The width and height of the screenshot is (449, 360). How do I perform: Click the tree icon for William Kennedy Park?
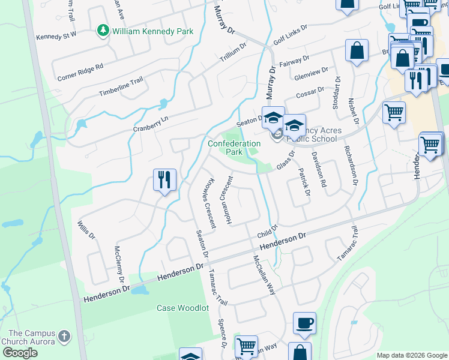click(x=103, y=31)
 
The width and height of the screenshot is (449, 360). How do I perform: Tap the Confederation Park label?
click(x=234, y=148)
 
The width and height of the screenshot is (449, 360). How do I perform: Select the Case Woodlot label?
click(x=182, y=308)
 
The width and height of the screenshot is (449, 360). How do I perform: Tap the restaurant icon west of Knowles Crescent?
click(x=164, y=179)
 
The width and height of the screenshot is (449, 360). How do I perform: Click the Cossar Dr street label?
click(x=310, y=94)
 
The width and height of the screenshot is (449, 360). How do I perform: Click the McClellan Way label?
click(x=264, y=272)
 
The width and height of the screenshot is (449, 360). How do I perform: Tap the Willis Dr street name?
click(x=86, y=231)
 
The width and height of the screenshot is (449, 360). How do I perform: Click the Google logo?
click(x=20, y=353)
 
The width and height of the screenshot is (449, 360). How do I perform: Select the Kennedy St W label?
click(x=56, y=35)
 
